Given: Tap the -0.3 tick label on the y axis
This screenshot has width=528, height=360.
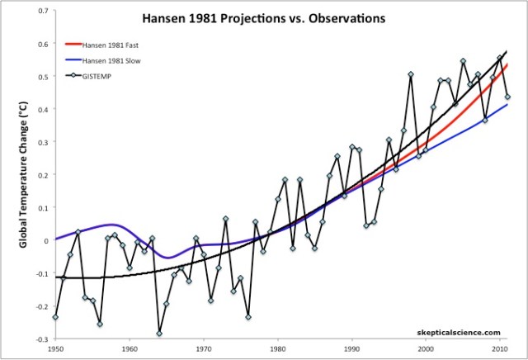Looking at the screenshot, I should click(40, 339).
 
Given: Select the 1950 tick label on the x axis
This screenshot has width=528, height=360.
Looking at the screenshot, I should click(54, 349).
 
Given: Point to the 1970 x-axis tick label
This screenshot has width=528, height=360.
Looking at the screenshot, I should click(204, 349).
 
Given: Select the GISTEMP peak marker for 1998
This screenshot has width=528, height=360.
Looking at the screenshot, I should click(411, 75).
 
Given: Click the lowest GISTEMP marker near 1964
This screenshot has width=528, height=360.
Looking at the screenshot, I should click(158, 334).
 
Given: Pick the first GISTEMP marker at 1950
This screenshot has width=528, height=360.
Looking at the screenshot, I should click(55, 317).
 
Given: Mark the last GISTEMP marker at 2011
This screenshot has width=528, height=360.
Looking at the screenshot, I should click(507, 97).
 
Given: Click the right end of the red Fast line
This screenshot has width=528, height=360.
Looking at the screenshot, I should click(507, 64).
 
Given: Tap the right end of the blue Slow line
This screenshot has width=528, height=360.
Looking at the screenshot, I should click(507, 104).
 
